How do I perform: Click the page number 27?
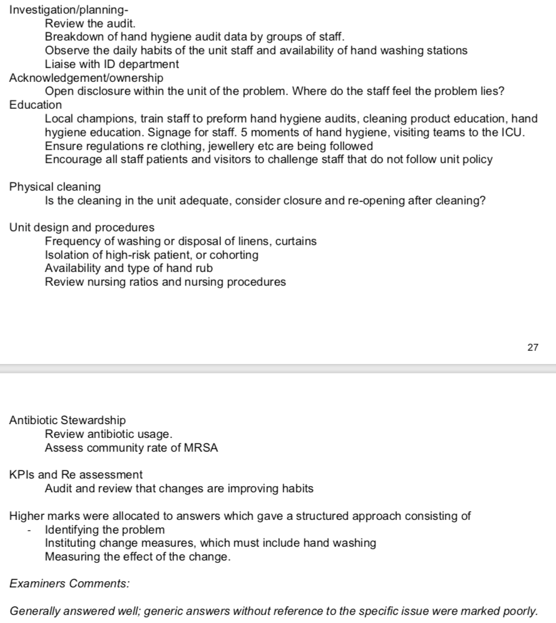coord(532,347)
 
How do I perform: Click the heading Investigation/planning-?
coord(71,10)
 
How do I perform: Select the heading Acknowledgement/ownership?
coord(86,78)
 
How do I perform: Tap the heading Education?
coord(36,105)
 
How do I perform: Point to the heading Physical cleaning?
coord(55,186)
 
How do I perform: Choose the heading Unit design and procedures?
coord(82,227)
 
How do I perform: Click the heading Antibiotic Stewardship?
coord(68,420)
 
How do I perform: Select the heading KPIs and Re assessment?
coord(76,475)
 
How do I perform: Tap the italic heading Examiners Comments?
coord(70,584)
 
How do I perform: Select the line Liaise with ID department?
coord(112,64)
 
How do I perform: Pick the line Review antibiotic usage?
coord(108,434)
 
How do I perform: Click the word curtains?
coord(296,241)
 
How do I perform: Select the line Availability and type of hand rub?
coord(129,268)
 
